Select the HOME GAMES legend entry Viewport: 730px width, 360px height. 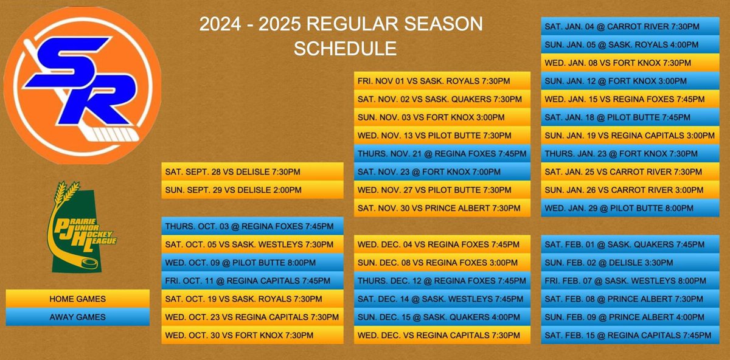point(77,299)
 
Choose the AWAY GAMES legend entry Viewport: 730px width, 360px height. point(77,317)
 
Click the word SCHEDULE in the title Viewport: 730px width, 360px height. point(344,48)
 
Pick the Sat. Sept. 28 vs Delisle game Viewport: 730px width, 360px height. point(252,172)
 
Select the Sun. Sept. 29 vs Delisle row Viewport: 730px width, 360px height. point(252,190)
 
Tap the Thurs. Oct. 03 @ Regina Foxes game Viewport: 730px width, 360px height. point(252,227)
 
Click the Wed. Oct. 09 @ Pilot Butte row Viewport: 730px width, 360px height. point(252,263)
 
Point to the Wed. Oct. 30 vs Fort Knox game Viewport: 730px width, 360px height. point(252,335)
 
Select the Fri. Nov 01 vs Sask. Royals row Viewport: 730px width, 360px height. point(442,81)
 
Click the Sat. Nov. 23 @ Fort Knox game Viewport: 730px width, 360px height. point(442,172)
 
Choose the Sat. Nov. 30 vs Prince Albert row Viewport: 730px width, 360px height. point(442,209)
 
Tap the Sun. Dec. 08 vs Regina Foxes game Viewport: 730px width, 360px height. point(442,263)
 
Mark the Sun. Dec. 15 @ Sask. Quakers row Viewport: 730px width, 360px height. point(442,317)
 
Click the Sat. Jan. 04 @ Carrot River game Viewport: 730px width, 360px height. point(633,27)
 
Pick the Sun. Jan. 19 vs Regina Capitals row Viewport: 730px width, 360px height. point(633,136)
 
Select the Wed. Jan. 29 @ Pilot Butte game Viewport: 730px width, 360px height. point(633,209)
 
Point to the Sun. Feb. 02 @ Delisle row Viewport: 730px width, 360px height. point(633,263)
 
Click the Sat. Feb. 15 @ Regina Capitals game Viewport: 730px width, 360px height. point(633,335)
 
